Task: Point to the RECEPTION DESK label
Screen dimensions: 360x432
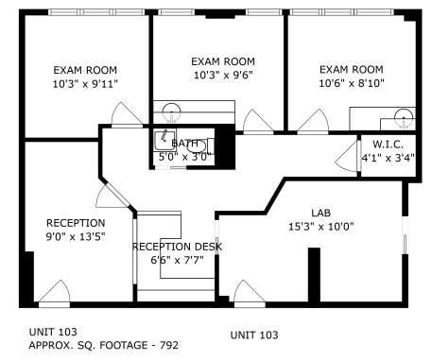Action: pyautogui.click(x=177, y=247)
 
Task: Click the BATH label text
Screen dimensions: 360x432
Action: pyautogui.click(x=185, y=143)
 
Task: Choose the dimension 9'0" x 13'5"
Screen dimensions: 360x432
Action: pyautogui.click(x=76, y=236)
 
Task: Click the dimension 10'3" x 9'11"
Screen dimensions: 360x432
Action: pyautogui.click(x=85, y=84)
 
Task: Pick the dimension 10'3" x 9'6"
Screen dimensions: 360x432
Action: pyautogui.click(x=223, y=75)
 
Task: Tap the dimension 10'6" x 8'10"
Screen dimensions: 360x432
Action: pyautogui.click(x=351, y=83)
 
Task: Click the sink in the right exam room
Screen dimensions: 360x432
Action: pyautogui.click(x=404, y=118)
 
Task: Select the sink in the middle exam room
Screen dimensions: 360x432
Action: pyautogui.click(x=170, y=111)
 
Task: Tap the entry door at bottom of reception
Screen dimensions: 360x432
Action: pyautogui.click(x=54, y=293)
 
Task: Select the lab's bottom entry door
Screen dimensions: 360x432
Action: pyautogui.click(x=249, y=293)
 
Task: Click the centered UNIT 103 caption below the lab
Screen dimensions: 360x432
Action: pyautogui.click(x=254, y=335)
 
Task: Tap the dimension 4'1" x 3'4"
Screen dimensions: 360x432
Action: pyautogui.click(x=388, y=157)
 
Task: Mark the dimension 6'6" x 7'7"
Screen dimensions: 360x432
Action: pyautogui.click(x=177, y=261)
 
